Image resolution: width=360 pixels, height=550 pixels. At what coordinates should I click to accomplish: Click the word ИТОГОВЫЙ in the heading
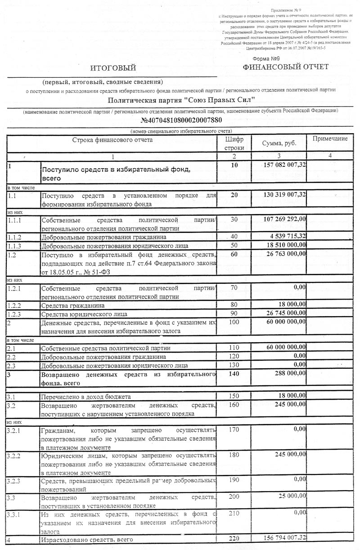[x=113, y=68]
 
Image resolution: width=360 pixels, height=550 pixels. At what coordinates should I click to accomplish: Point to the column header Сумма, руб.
[x=279, y=143]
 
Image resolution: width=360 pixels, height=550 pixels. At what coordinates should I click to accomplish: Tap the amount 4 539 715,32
[x=288, y=236]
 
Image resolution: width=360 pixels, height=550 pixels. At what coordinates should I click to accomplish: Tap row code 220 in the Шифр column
[x=234, y=538]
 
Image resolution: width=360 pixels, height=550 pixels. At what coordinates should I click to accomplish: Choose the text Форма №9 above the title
[x=266, y=58]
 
